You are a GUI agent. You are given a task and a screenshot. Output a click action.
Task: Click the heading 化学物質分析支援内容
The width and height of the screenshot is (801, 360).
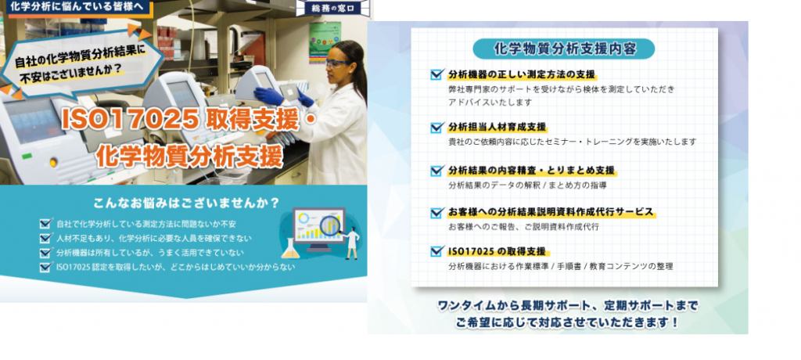tap(565, 49)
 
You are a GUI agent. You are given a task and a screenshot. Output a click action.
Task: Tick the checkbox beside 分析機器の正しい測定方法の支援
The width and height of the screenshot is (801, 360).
tap(436, 74)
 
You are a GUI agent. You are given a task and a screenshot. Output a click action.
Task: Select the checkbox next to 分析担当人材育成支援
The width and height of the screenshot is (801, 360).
tap(436, 127)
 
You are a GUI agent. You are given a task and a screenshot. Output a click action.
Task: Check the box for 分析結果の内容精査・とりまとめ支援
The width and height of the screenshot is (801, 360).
tap(436, 171)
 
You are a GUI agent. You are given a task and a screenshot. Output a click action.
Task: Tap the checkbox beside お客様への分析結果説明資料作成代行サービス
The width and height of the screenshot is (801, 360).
tap(436, 212)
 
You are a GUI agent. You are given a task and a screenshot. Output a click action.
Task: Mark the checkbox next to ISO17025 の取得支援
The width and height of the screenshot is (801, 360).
tap(436, 251)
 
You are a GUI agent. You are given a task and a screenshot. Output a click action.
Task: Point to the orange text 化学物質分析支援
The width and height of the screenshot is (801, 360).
tap(189, 156)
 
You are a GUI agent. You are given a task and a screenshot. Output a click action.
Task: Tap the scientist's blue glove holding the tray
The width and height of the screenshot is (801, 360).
tap(268, 95)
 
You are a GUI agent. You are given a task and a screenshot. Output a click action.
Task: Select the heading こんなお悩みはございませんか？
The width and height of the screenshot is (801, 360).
tap(186, 203)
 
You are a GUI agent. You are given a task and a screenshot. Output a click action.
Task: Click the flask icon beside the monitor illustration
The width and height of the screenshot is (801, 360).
tap(289, 249)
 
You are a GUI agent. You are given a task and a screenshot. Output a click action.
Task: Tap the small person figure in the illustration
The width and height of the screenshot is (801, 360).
tap(352, 244)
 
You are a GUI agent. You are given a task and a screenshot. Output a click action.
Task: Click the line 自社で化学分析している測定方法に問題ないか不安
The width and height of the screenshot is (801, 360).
tap(146, 224)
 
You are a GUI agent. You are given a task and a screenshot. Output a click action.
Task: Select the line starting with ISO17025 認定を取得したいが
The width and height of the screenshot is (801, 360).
tap(175, 267)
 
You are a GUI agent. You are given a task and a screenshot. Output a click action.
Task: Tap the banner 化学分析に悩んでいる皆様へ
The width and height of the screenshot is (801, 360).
tap(81, 8)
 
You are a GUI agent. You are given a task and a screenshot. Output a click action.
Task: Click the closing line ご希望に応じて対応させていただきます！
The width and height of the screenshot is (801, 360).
tap(567, 323)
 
